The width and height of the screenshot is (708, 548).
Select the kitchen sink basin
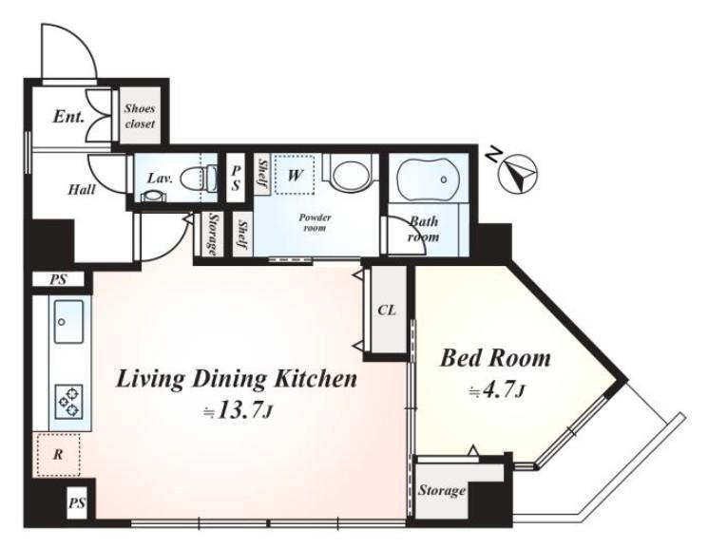68,321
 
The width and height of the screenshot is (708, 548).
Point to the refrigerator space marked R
58,455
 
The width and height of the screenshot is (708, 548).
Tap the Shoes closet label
140,116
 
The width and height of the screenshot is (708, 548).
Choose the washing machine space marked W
295,175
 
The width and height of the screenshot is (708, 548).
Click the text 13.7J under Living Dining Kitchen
239,411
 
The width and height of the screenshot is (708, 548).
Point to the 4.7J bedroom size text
497,391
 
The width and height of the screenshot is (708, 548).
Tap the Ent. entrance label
68,117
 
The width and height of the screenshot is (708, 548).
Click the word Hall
82,189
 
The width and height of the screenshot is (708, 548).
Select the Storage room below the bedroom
441,491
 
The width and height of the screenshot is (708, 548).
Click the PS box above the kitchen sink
58,280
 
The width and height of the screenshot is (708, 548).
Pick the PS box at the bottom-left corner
77,502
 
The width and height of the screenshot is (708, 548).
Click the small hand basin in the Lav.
154,195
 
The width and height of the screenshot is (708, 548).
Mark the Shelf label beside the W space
262,175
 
